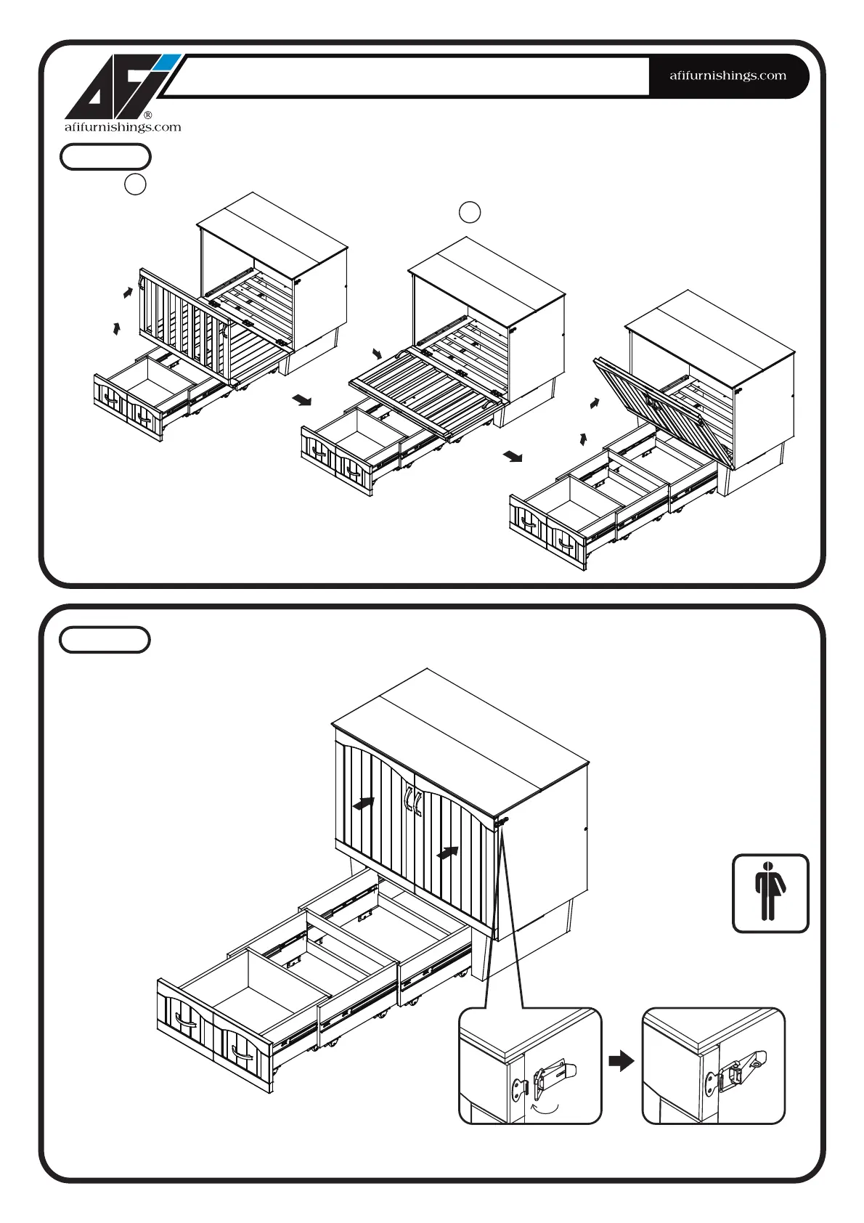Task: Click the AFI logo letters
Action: (116, 89)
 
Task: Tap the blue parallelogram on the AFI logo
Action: (165, 62)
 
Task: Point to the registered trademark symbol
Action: (147, 115)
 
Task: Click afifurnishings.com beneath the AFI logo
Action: (123, 128)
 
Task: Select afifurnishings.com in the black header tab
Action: (728, 76)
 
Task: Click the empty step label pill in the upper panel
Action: (105, 157)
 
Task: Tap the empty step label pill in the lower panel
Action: (105, 640)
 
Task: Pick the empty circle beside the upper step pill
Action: (135, 184)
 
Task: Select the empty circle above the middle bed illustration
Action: (470, 212)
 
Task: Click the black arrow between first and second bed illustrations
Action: (302, 400)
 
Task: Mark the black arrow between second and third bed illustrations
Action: (513, 456)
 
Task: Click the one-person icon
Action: (770, 893)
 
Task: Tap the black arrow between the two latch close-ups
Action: (621, 1062)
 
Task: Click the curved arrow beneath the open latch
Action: (545, 1108)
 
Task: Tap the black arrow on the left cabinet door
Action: (364, 803)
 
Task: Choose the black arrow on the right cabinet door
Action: (448, 852)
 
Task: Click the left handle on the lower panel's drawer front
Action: (186, 1023)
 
